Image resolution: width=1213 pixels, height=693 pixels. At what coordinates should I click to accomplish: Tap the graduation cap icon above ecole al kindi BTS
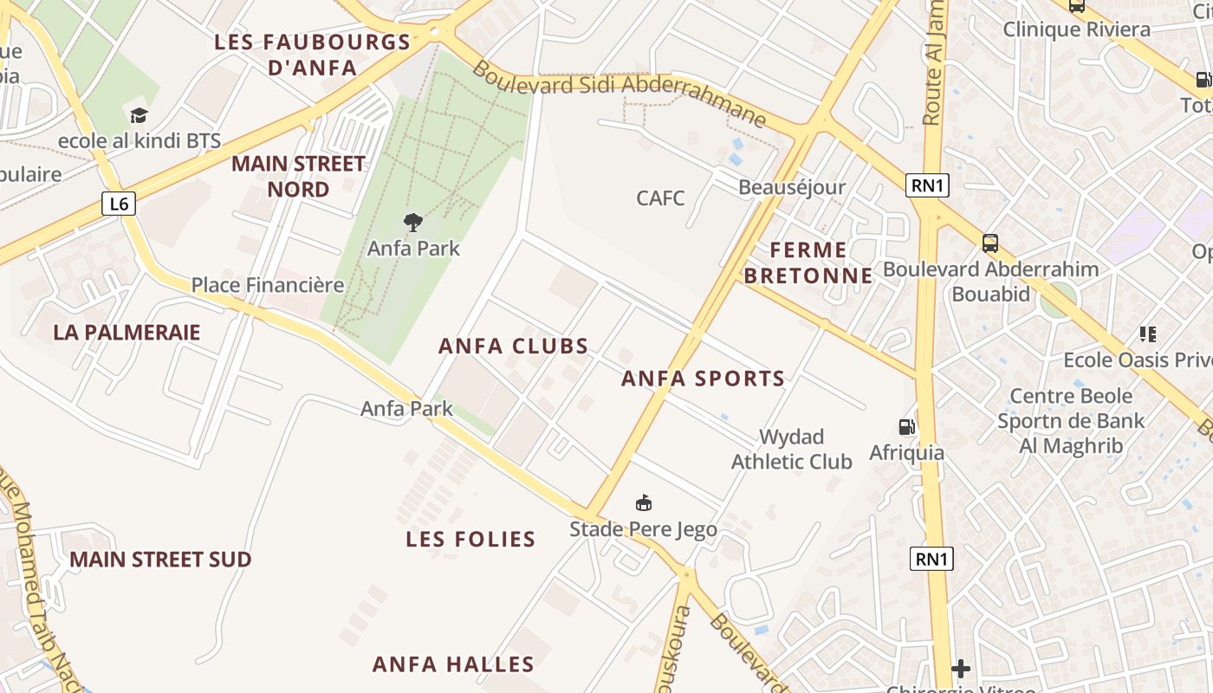tap(139, 115)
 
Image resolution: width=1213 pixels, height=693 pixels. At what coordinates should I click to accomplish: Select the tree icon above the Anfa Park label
tap(413, 223)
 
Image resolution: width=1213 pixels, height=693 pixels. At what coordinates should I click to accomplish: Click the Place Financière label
tap(268, 284)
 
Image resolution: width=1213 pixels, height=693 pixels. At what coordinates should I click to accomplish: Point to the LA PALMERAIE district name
tap(126, 332)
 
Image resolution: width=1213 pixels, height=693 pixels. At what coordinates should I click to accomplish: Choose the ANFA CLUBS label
tap(513, 346)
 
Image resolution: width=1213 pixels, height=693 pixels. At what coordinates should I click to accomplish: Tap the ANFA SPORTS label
tap(703, 378)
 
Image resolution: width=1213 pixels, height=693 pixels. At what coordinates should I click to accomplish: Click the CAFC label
tap(660, 198)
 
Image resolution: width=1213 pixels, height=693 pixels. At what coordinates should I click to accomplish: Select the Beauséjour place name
tap(791, 187)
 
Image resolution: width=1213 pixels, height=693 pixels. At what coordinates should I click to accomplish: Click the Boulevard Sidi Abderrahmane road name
tap(619, 94)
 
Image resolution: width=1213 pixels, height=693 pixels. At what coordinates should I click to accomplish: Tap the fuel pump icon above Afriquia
tap(906, 426)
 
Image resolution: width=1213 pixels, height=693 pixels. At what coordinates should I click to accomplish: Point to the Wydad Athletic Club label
tap(791, 449)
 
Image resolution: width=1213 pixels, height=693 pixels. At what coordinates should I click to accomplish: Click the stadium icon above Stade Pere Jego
tap(643, 502)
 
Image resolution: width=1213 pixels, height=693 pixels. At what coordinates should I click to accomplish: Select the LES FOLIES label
tap(470, 539)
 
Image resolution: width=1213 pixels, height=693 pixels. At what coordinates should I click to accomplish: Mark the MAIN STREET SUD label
tap(160, 559)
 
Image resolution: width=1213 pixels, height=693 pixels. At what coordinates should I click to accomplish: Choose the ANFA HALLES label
tap(453, 664)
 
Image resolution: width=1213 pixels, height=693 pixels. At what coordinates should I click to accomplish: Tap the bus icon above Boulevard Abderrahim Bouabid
tap(989, 243)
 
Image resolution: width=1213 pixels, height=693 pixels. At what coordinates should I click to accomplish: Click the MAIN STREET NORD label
tap(298, 176)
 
